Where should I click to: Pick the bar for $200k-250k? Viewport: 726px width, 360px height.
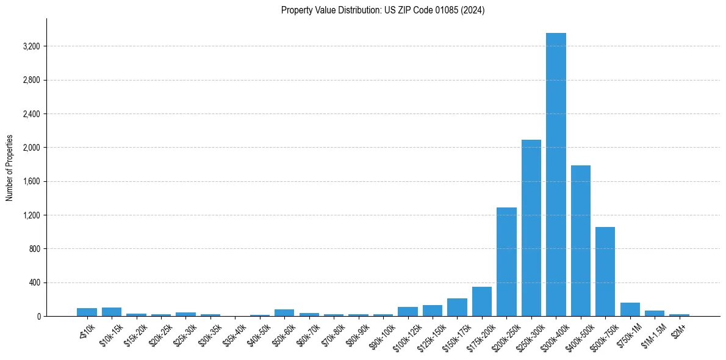click(506, 262)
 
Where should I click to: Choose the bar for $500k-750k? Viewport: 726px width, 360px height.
click(605, 272)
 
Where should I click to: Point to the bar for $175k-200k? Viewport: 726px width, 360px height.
click(482, 301)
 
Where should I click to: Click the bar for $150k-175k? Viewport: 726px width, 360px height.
click(457, 308)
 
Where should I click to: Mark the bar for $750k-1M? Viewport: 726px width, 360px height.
click(630, 309)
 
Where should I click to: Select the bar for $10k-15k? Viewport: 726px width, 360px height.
click(112, 312)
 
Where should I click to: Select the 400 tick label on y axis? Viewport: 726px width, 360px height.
click(34, 283)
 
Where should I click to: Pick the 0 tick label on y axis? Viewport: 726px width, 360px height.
click(38, 317)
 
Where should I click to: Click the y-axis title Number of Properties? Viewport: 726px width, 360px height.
click(10, 168)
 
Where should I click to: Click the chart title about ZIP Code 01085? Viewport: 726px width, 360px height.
click(383, 10)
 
